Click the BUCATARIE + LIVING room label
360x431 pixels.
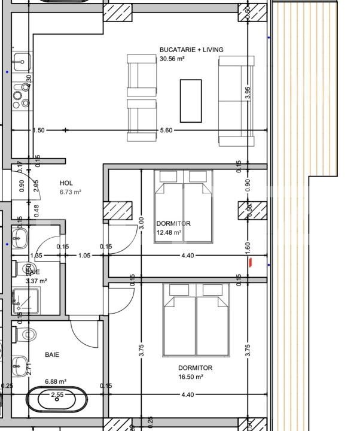coord(188,50)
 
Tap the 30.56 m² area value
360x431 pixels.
coord(172,59)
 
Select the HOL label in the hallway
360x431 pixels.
coord(66,183)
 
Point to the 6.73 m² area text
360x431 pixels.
coord(70,193)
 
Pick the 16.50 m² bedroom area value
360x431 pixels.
coord(191,377)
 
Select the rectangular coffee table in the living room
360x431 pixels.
coord(191,101)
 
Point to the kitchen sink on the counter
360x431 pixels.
coord(22,60)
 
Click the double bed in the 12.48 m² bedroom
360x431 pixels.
coord(184,207)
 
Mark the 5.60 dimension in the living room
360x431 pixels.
coord(166,130)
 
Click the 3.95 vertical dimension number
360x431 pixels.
coord(248,93)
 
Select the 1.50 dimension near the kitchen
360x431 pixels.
coord(39,130)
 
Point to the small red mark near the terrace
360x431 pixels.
coord(251,261)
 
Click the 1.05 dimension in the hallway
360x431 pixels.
coord(84,256)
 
